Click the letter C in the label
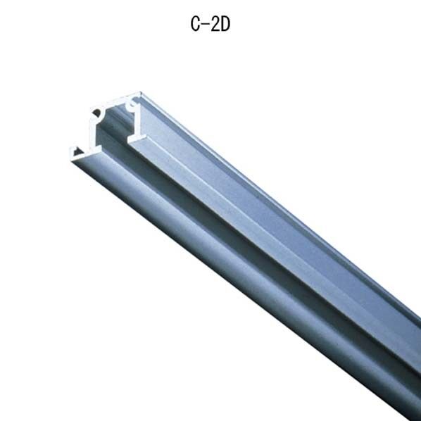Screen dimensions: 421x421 (x=195, y=24)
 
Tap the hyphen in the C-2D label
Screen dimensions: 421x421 (x=206, y=24)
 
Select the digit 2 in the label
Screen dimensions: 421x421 (x=215, y=24)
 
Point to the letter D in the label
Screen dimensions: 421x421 (x=225, y=24)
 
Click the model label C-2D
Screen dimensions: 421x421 (x=210, y=24)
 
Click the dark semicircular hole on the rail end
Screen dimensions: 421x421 (x=96, y=115)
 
